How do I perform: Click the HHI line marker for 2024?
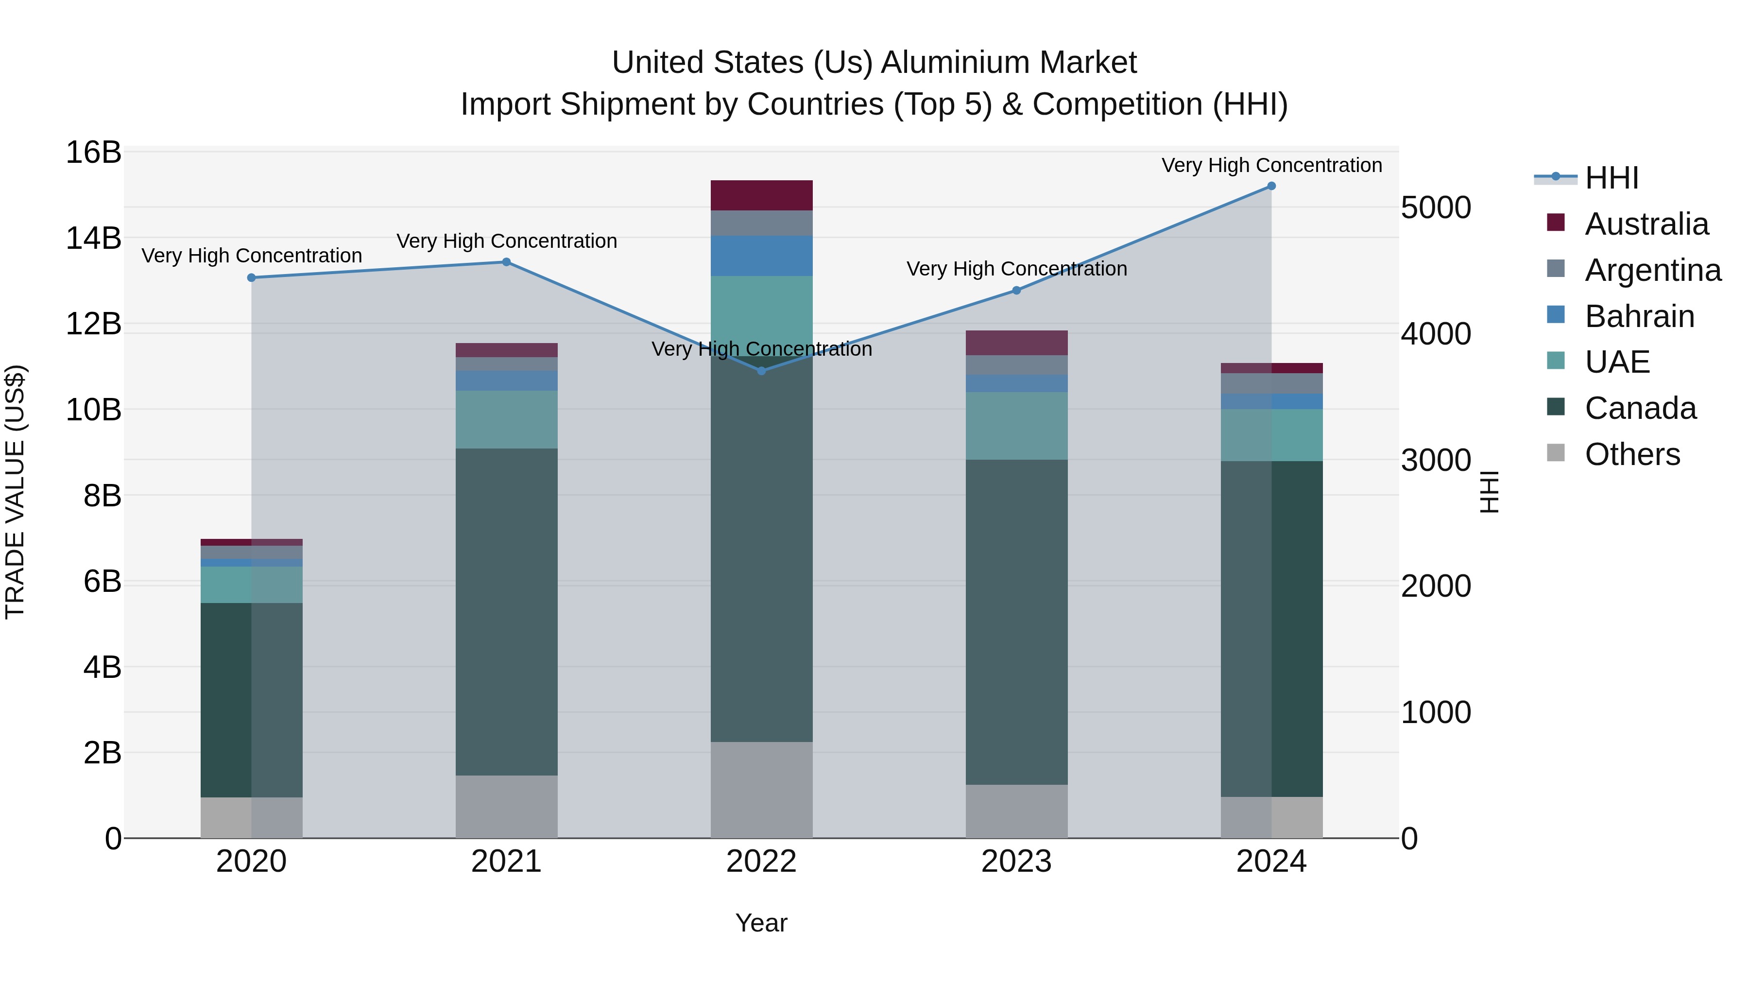tap(1271, 186)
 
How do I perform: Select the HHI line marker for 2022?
tap(761, 371)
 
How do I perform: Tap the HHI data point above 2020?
tap(251, 278)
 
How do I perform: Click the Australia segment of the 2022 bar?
tap(761, 195)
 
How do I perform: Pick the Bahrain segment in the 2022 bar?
tap(761, 256)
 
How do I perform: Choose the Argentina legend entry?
tap(1653, 270)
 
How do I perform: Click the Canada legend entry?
tap(1640, 408)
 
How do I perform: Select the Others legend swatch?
tap(1556, 454)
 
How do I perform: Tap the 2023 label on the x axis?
tap(1016, 862)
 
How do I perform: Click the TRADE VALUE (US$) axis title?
tap(15, 492)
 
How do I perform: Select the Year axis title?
tap(761, 923)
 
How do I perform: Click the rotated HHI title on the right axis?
tap(1489, 492)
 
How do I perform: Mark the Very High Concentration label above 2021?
tap(507, 241)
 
